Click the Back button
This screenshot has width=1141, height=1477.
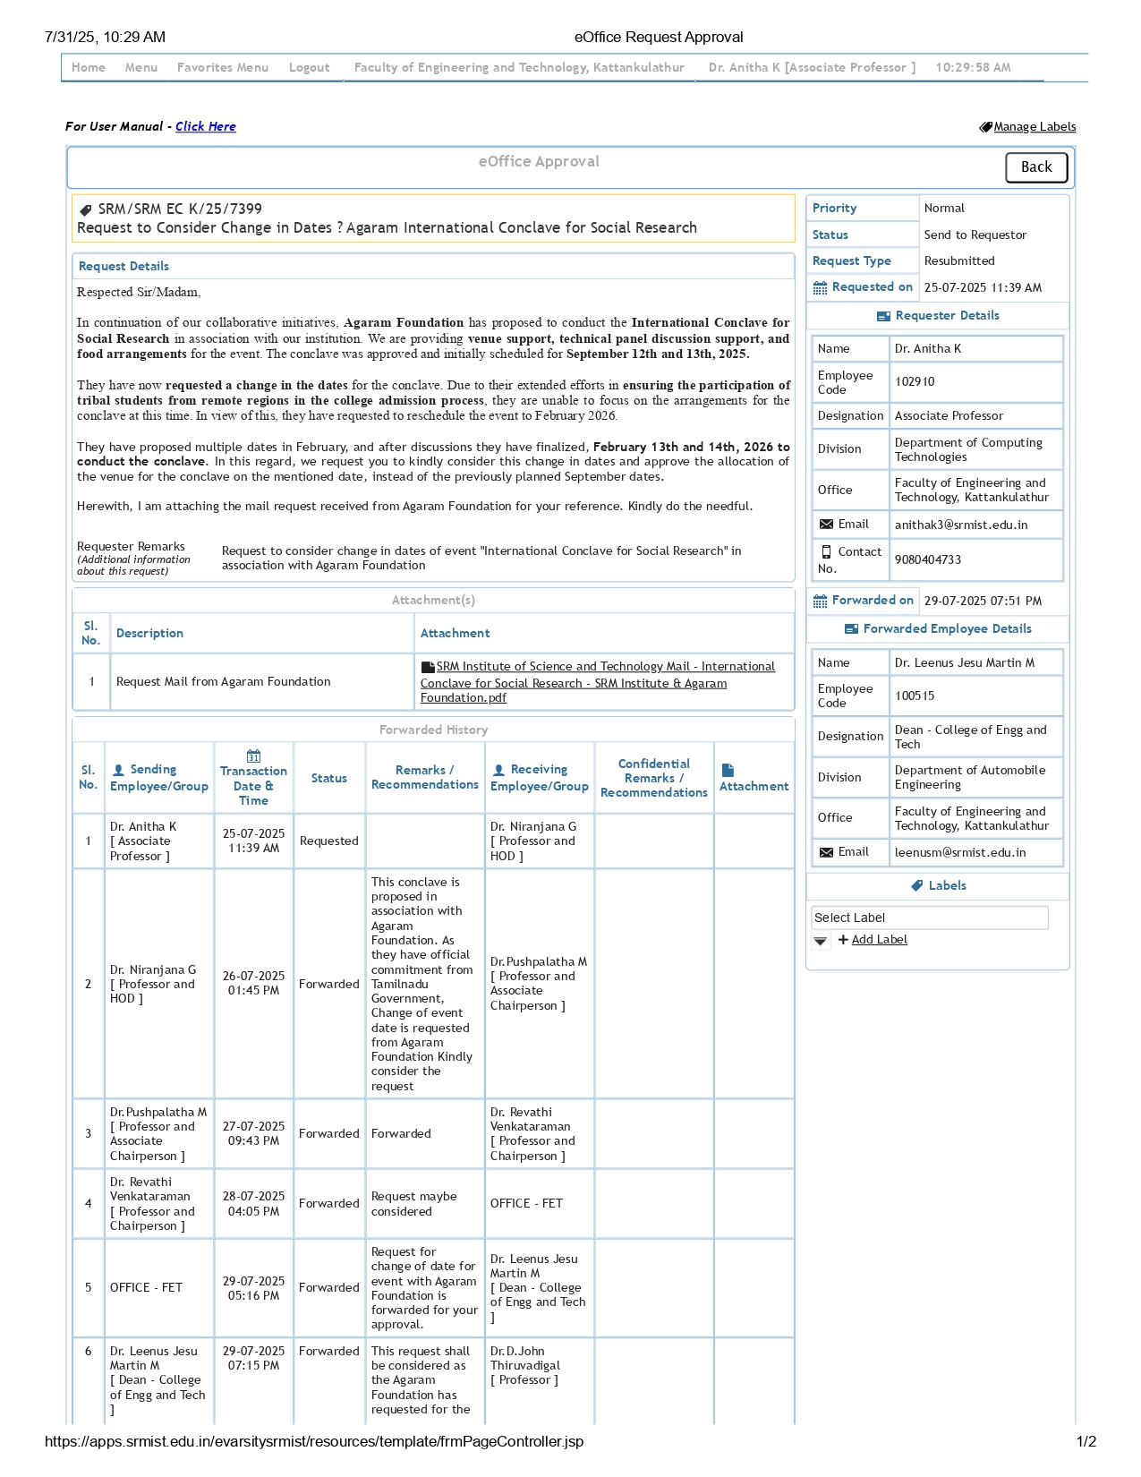(1035, 167)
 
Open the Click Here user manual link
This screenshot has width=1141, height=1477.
(206, 126)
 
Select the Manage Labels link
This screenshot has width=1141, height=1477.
(1034, 127)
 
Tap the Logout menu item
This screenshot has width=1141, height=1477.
(309, 67)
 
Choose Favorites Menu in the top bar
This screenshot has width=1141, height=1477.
(223, 67)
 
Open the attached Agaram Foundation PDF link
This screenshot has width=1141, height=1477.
(598, 682)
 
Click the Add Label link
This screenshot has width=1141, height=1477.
(879, 940)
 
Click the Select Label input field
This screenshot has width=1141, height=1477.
(929, 918)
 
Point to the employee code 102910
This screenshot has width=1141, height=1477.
(915, 382)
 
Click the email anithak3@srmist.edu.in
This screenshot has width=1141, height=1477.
(961, 525)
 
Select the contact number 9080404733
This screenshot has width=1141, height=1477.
(928, 560)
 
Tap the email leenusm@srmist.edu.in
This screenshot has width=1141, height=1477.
(960, 853)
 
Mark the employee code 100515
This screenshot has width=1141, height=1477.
(915, 696)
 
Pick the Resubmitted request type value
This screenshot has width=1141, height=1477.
(959, 261)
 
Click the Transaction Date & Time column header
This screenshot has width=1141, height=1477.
(253, 778)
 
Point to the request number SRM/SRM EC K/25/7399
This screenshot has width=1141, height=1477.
(180, 209)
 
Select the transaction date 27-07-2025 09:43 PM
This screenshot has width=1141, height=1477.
(253, 1134)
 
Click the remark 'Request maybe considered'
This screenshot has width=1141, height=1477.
(413, 1204)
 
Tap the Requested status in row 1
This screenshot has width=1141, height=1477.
(328, 841)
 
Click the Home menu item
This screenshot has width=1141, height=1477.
(89, 67)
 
